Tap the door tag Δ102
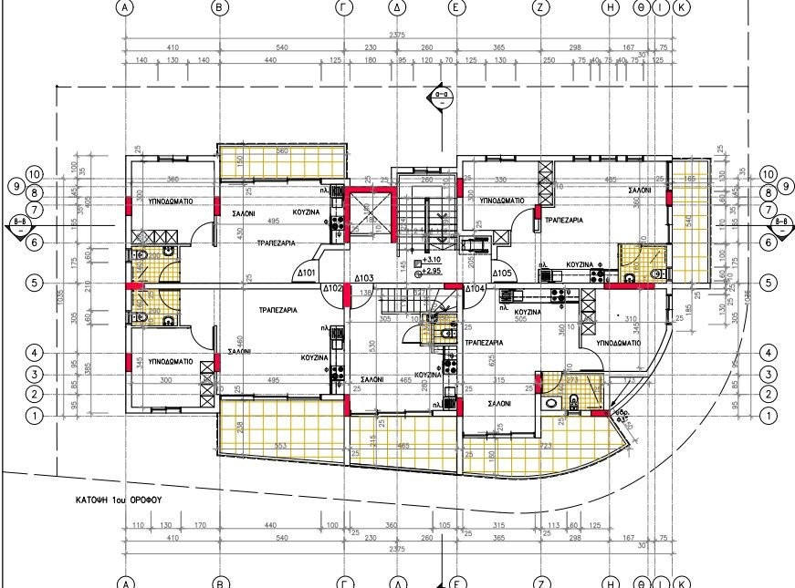(x=333, y=289)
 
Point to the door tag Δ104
(x=475, y=289)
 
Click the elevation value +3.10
(x=433, y=262)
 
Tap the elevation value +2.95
(x=433, y=271)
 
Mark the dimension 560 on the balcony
(x=282, y=150)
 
